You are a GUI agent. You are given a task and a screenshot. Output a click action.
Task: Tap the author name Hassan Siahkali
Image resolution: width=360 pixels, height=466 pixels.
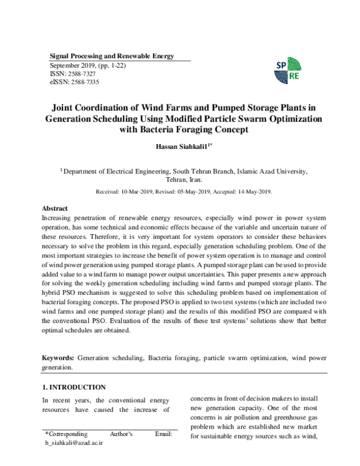(177, 148)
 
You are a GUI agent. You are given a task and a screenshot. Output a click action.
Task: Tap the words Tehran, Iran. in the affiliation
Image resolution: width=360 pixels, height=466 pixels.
(184, 179)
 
